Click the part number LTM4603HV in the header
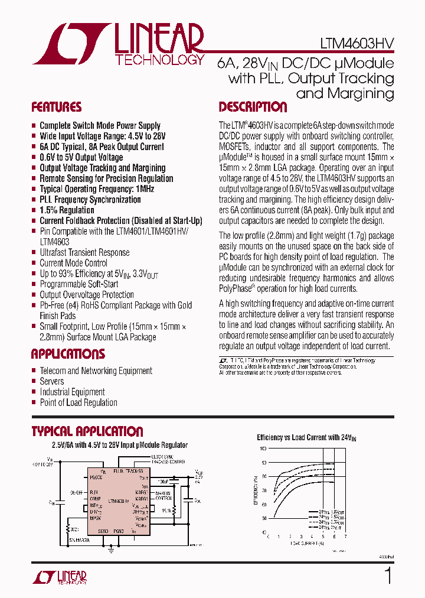(x=357, y=44)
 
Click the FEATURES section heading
(x=56, y=107)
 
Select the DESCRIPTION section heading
(x=253, y=107)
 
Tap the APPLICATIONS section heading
(x=68, y=354)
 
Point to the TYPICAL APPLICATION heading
(x=87, y=431)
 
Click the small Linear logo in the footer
(x=60, y=576)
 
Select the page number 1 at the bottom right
(x=388, y=576)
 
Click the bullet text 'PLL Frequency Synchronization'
(x=90, y=200)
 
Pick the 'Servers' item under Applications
(x=52, y=381)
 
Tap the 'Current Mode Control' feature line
(x=73, y=263)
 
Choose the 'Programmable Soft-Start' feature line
(x=79, y=284)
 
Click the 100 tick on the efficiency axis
(x=263, y=449)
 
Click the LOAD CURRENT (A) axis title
(x=306, y=542)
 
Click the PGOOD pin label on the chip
(x=97, y=477)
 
